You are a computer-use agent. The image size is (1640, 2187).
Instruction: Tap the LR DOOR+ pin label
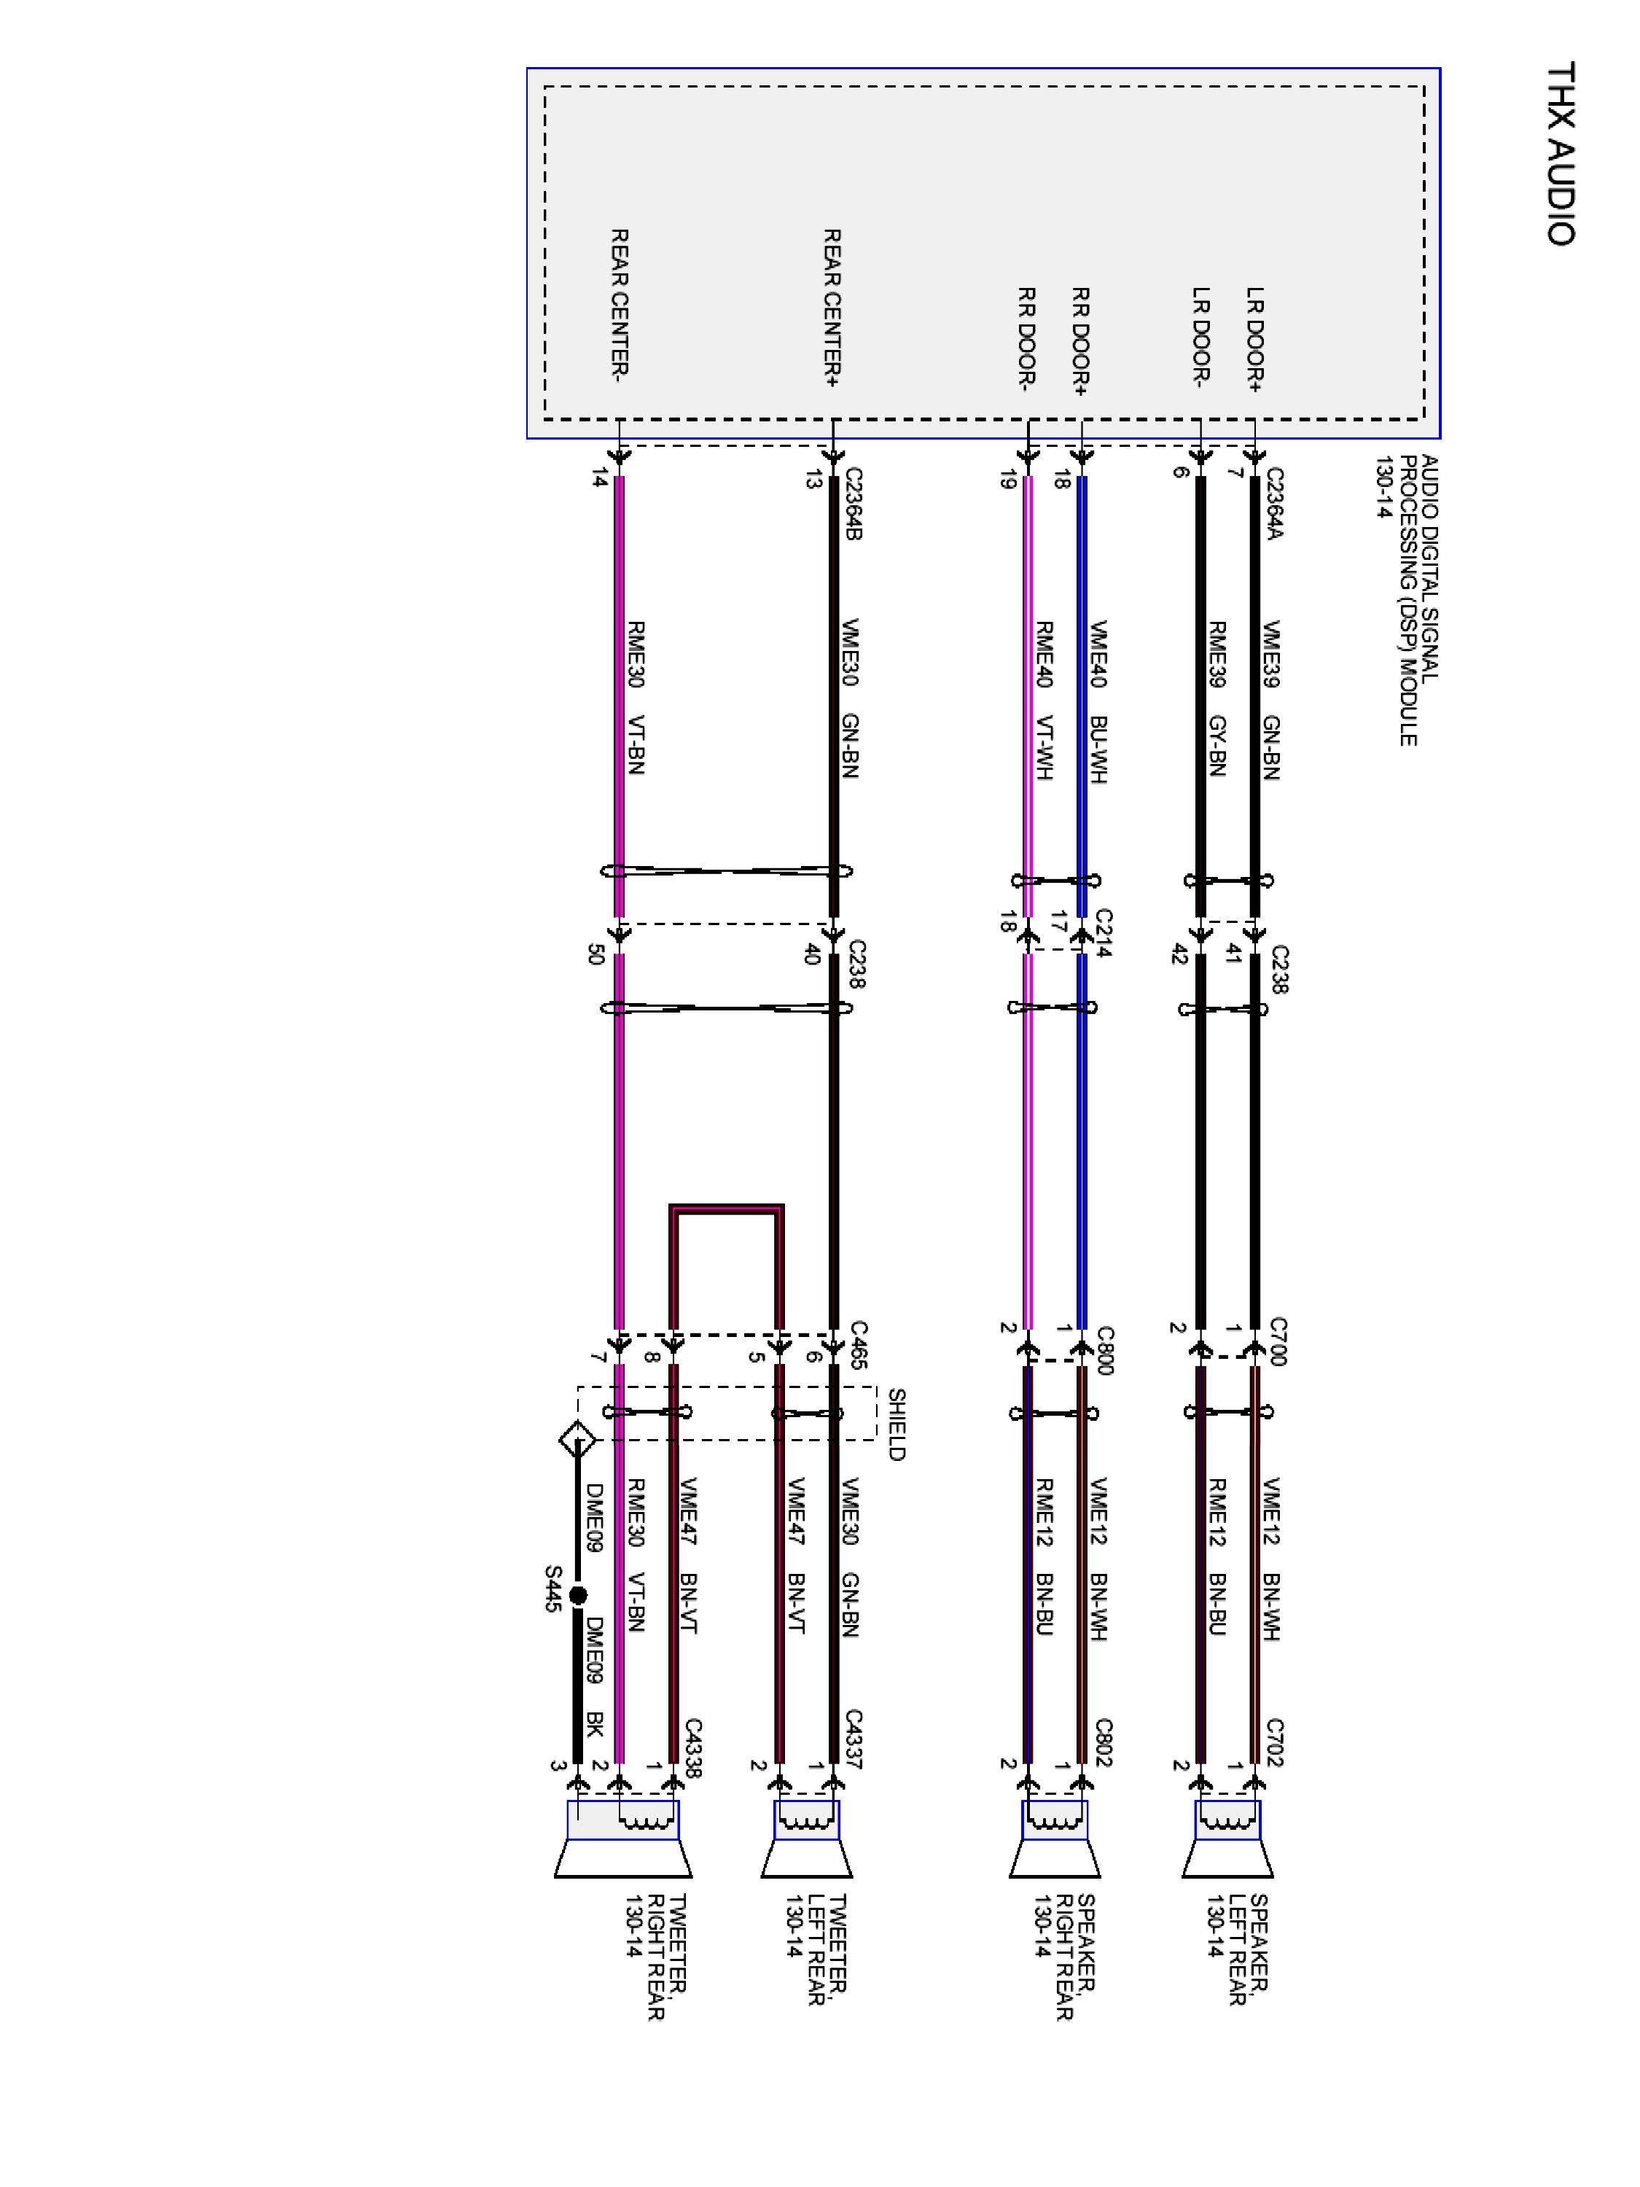(1254, 339)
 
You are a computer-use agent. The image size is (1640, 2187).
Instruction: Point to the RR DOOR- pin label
(1027, 339)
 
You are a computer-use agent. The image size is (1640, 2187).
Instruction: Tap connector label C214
(1104, 933)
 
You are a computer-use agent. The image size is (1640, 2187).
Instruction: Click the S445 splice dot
(578, 1595)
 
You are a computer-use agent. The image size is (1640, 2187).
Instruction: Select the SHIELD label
(896, 1424)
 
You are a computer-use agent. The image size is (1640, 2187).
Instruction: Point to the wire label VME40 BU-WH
(1097, 702)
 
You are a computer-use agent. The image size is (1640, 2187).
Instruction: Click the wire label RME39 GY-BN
(1218, 698)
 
